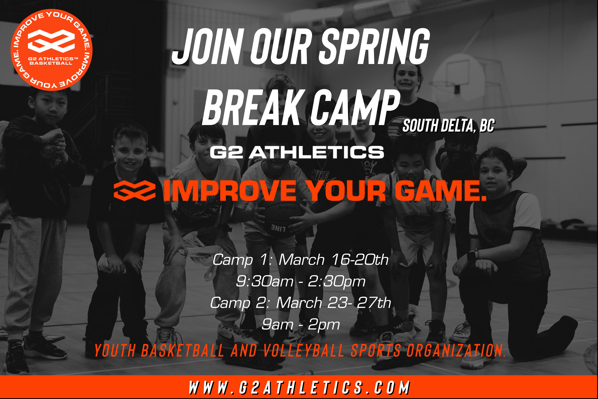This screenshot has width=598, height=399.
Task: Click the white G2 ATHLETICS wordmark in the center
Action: pos(297,152)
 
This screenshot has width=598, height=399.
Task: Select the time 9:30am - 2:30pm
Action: pos(301,281)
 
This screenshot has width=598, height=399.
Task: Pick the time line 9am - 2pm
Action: pos(301,324)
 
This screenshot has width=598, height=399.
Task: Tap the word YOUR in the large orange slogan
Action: pos(347,191)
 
